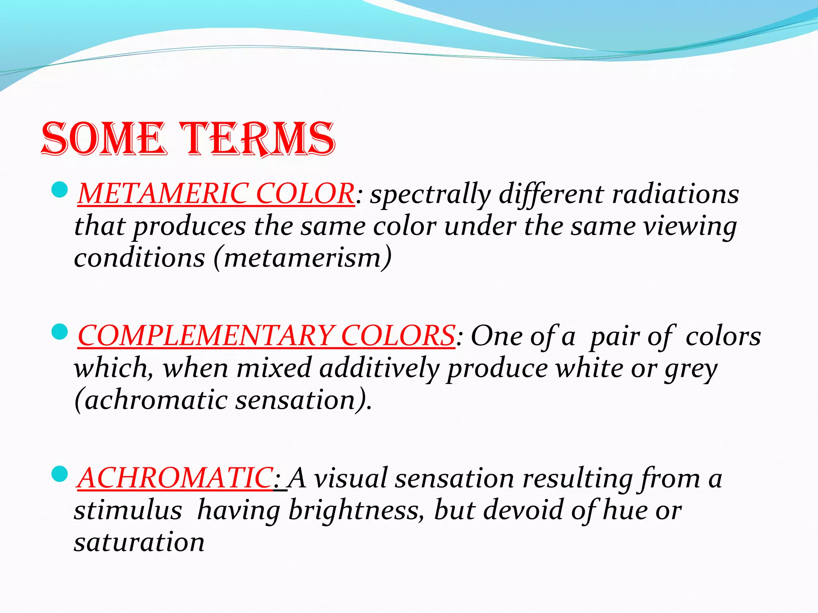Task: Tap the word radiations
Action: pos(675,194)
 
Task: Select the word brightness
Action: pos(353,511)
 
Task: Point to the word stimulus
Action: pos(128,511)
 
